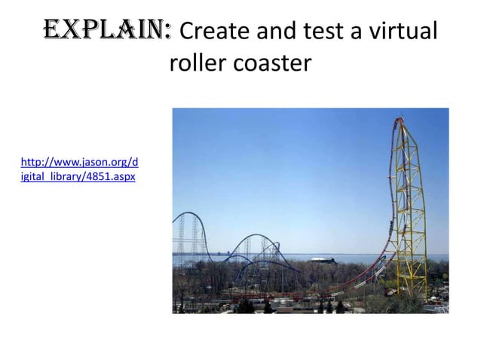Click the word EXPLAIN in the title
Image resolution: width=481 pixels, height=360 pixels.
[x=105, y=32]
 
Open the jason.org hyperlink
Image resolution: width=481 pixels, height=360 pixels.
[x=79, y=162]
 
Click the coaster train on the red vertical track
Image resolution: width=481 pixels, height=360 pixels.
[x=390, y=224]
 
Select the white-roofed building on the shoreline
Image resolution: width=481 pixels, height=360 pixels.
[x=323, y=261]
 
